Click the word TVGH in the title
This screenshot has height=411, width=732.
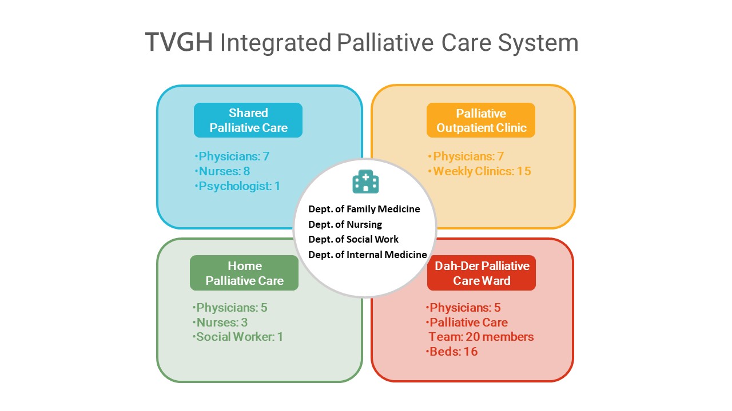pos(179,43)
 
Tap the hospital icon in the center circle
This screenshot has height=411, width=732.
pos(366,182)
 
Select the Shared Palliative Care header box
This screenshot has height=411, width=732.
pos(248,120)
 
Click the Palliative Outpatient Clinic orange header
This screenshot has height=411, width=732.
pos(481,120)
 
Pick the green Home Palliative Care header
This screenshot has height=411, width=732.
pos(244,273)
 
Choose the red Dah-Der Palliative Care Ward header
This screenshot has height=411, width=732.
pos(482,273)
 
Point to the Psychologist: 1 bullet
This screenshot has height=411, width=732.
pos(238,186)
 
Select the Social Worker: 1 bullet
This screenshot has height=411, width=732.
pos(238,337)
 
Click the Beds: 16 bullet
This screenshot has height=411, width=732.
pos(452,352)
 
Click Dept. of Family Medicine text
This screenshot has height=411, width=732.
pos(364,209)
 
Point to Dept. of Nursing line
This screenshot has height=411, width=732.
pos(345,224)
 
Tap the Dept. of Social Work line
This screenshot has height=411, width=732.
pos(353,239)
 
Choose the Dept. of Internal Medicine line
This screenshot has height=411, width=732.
pos(368,255)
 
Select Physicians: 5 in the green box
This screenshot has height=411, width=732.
pos(230,308)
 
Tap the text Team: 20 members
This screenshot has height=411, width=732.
pos(482,337)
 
